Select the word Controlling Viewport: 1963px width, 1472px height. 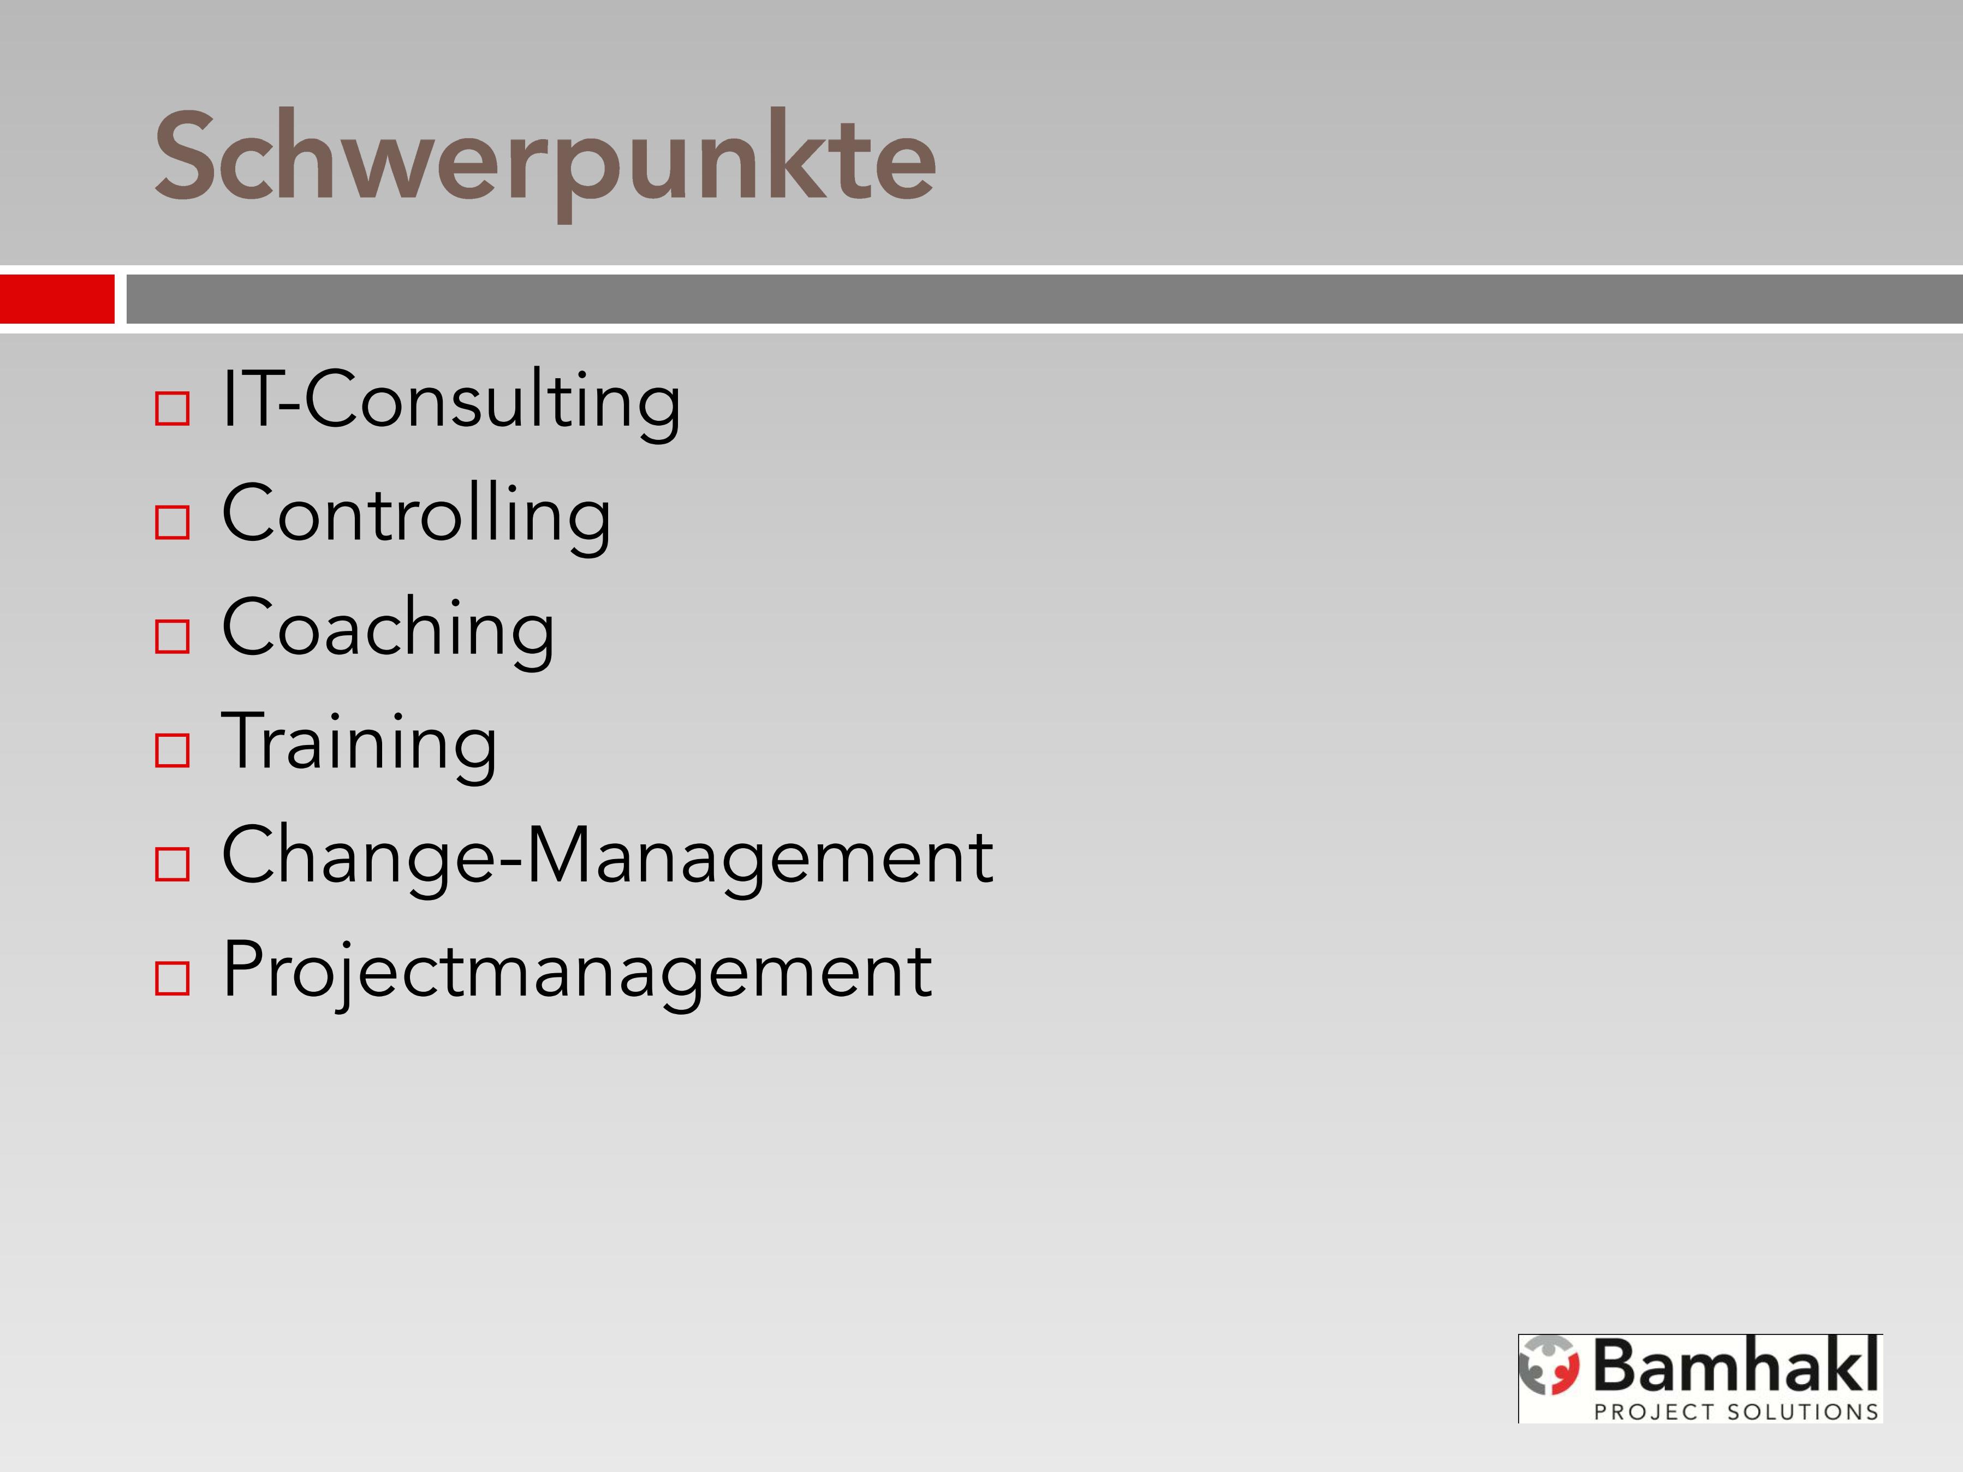coord(416,516)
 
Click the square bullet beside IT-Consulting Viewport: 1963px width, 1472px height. coord(172,409)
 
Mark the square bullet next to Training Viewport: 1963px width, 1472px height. coord(172,750)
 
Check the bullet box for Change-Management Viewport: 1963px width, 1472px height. coord(172,863)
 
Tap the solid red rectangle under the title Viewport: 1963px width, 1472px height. coord(57,299)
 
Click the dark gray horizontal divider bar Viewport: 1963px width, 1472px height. coord(1044,299)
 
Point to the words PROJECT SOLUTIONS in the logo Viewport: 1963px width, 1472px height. coord(1736,1411)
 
